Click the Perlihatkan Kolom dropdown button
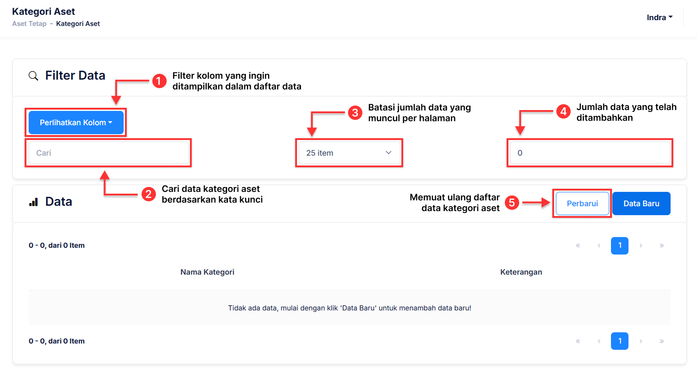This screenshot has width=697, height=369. (x=76, y=123)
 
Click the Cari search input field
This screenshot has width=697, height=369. (x=108, y=153)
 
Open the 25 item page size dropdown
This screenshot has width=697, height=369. (x=349, y=153)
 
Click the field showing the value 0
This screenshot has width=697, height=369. (x=590, y=153)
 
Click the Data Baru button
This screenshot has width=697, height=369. (x=641, y=204)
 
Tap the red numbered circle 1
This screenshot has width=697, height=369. (x=159, y=81)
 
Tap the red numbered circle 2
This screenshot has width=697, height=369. (x=148, y=194)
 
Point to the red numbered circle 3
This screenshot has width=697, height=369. (x=355, y=112)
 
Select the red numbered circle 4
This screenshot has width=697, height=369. (x=563, y=111)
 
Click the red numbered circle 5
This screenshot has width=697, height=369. (x=512, y=203)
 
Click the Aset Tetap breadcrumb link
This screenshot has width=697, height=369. (x=29, y=24)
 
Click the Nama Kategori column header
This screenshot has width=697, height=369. (x=207, y=272)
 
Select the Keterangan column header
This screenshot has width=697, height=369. (x=521, y=272)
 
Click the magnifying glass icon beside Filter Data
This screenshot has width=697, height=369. (x=33, y=76)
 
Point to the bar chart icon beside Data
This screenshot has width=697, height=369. (x=33, y=202)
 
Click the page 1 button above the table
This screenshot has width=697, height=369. (x=620, y=246)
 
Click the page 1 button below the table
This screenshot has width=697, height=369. (x=620, y=341)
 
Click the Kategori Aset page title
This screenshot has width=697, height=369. (x=43, y=12)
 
